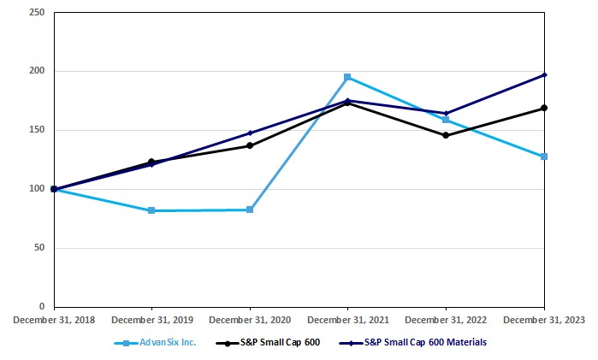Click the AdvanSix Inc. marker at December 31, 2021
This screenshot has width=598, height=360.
pyautogui.click(x=347, y=77)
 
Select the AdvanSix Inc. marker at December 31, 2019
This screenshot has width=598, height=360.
pyautogui.click(x=151, y=210)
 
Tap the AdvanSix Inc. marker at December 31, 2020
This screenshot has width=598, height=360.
pyautogui.click(x=250, y=210)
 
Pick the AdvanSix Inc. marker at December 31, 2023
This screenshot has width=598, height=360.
pyautogui.click(x=544, y=156)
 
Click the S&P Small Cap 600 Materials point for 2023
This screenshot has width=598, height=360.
pyautogui.click(x=544, y=74)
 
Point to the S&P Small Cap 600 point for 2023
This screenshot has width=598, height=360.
pyautogui.click(x=544, y=108)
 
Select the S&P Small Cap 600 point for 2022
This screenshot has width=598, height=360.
pyautogui.click(x=446, y=135)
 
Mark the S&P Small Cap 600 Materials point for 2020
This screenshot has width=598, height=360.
pyautogui.click(x=250, y=133)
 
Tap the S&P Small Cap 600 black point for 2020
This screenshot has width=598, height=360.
pyautogui.click(x=250, y=145)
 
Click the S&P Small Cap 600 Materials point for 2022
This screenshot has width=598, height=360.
pyautogui.click(x=446, y=113)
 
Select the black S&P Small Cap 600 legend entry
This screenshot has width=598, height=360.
pyautogui.click(x=274, y=343)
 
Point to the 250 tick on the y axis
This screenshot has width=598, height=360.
pyautogui.click(x=38, y=13)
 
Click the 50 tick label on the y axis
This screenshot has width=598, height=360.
pyautogui.click(x=39, y=248)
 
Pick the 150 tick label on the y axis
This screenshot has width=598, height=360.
pyautogui.click(x=38, y=130)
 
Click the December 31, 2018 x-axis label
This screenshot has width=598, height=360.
pyautogui.click(x=53, y=319)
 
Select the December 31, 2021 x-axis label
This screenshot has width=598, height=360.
pyautogui.click(x=347, y=319)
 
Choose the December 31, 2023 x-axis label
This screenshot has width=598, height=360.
pyautogui.click(x=544, y=319)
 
